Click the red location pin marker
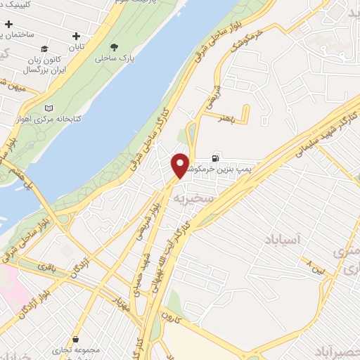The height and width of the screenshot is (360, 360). (x=181, y=166)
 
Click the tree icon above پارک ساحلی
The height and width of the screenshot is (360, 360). (x=124, y=46)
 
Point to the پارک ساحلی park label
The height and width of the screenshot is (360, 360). (x=115, y=59)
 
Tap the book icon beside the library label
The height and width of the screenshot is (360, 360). (x=49, y=108)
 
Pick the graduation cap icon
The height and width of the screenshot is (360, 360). (x=44, y=49)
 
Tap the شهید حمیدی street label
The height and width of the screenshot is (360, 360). (x=143, y=268)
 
